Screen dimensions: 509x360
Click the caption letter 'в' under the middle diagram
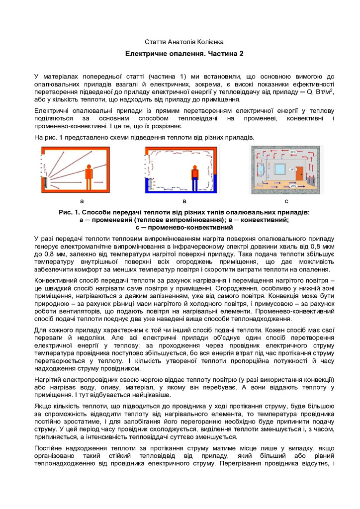point(184,201)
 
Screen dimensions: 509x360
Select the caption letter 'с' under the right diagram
point(286,201)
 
